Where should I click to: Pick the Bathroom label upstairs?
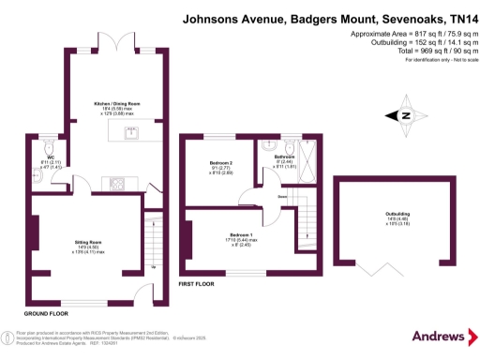(x=285, y=157)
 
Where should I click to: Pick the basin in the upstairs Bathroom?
(x=270, y=147)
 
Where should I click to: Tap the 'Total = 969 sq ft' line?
(x=412, y=50)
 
